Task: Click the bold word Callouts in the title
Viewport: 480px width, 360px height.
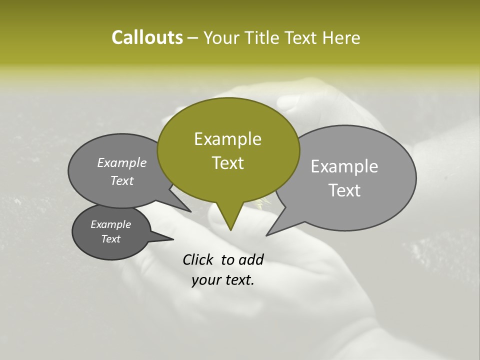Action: coord(147,37)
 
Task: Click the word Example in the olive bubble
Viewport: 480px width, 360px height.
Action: coord(227,138)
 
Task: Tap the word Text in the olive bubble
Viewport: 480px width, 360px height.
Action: coord(227,163)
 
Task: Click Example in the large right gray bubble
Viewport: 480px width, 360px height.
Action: coord(344,166)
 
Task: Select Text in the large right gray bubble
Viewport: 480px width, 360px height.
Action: coord(344,190)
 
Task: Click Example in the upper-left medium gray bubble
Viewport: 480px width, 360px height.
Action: coord(122,162)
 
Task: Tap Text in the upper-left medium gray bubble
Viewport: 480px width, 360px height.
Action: coord(122,180)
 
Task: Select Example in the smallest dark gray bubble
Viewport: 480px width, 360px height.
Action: coord(111,224)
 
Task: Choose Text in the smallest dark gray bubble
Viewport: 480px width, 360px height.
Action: coord(111,239)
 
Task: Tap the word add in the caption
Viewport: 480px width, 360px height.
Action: coord(251,259)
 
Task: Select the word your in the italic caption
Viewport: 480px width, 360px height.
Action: coord(206,280)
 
